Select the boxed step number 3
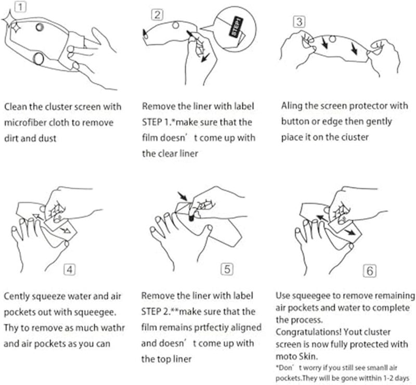[x=298, y=22]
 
